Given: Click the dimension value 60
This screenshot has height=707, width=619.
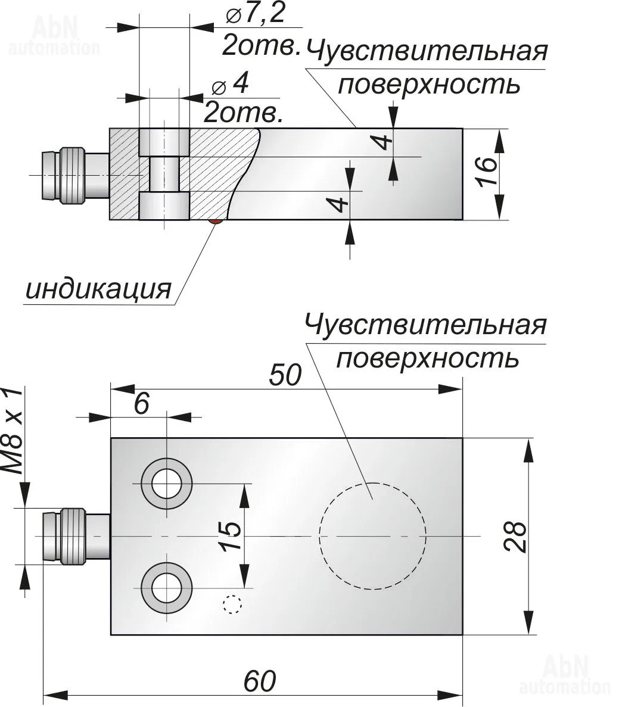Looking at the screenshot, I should tap(260, 681).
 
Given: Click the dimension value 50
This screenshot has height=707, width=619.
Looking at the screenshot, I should tap(285, 375).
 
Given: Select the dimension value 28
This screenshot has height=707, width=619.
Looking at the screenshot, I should tap(515, 537).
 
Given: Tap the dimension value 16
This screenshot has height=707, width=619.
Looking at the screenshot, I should tap(486, 173).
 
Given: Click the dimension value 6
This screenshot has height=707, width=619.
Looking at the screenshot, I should tap(141, 404).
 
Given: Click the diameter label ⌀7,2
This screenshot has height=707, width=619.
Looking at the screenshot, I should tap(256, 15).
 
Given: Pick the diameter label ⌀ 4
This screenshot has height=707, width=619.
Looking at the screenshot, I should tap(230, 86).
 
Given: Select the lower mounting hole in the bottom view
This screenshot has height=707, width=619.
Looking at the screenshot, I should tap(166, 589).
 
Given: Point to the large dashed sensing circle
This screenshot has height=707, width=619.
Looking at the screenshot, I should tap(373, 535).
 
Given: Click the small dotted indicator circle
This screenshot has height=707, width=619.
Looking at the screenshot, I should tap(232, 605).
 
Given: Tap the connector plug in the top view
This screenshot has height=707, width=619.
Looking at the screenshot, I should tap(66, 175).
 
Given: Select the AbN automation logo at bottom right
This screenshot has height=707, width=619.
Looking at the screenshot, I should tap(565, 675).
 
